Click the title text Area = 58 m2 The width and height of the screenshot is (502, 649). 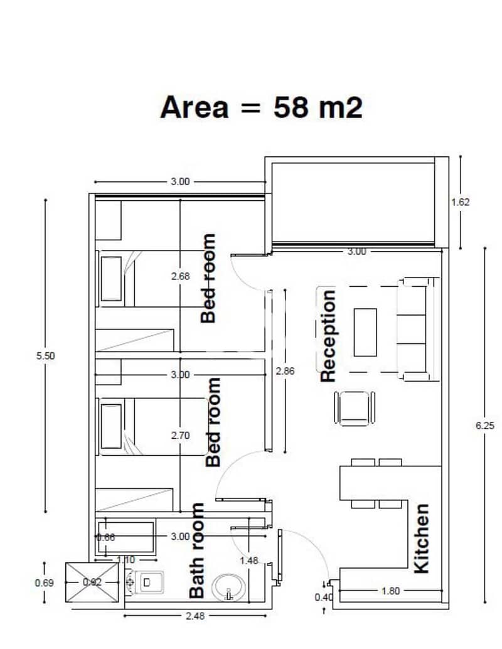point(261,107)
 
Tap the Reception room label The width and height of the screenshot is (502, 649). point(328,336)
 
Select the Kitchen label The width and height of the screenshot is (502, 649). point(421,539)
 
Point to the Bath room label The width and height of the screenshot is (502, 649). point(196,550)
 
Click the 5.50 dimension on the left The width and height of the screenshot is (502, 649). point(46,355)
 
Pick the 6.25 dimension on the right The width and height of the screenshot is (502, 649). point(484,426)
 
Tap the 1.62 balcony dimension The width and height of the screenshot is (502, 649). point(460,202)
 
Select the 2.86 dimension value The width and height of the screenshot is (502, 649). point(285,371)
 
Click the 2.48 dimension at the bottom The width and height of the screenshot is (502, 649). point(195,616)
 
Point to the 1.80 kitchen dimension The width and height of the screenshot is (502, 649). point(390,591)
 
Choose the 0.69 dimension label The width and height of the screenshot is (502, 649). point(45,582)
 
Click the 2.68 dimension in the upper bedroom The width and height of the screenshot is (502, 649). point(181,276)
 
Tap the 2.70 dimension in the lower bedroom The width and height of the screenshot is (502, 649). point(181,436)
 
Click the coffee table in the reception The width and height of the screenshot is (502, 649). point(365,333)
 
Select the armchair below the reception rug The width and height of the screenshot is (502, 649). point(355,408)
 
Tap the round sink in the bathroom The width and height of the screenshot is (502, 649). point(228,587)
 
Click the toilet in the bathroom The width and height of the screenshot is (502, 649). point(144,582)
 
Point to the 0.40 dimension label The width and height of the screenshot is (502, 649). point(323,598)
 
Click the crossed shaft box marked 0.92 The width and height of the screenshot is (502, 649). point(92,582)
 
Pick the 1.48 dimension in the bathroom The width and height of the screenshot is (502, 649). point(248,560)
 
